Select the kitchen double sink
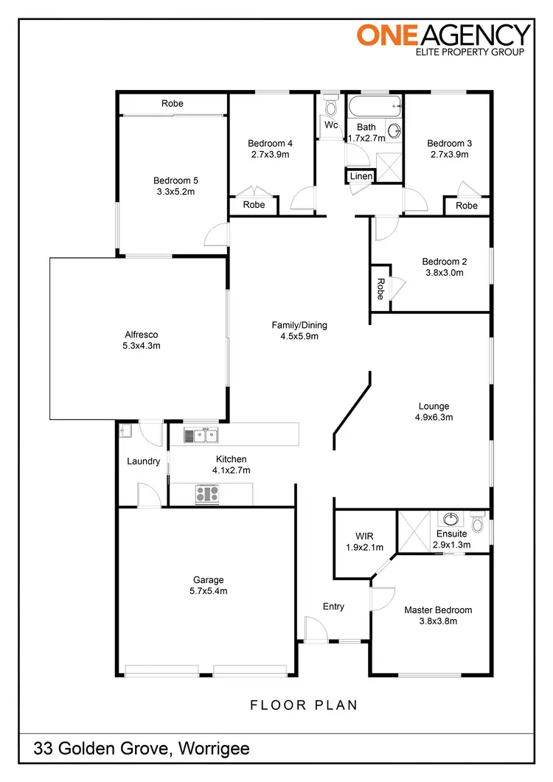pyautogui.click(x=201, y=436)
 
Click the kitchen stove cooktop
pyautogui.click(x=207, y=494)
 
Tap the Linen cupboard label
pyautogui.click(x=361, y=176)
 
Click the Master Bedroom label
pyautogui.click(x=438, y=610)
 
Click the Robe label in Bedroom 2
pyautogui.click(x=380, y=288)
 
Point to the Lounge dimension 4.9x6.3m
pyautogui.click(x=434, y=417)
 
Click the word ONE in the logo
pyautogui.click(x=384, y=34)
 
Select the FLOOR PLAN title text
pyautogui.click(x=304, y=705)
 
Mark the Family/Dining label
pyautogui.click(x=299, y=325)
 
